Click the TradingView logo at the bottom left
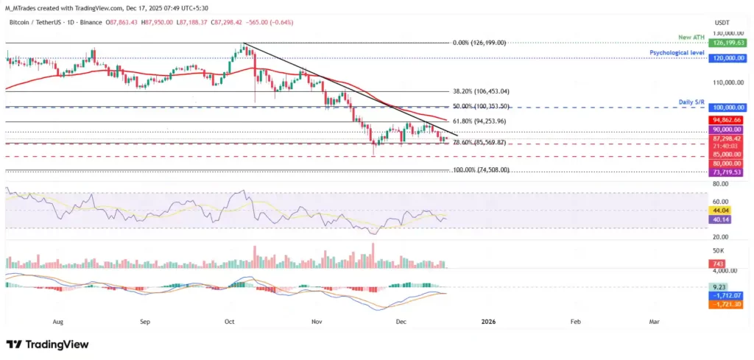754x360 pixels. pyautogui.click(x=47, y=345)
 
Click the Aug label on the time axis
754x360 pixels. pyautogui.click(x=58, y=322)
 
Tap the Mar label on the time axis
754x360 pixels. pyautogui.click(x=653, y=322)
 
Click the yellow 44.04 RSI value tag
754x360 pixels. pyautogui.click(x=719, y=210)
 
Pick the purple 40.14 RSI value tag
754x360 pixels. pyautogui.click(x=719, y=219)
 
